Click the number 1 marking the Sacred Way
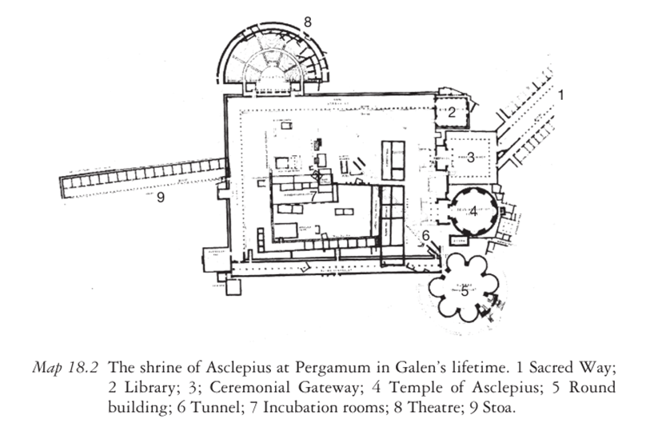point(561,95)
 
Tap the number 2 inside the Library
point(451,113)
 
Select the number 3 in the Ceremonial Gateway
point(471,158)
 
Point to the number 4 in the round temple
point(473,212)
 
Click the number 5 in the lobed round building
point(465,291)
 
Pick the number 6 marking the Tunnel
point(426,235)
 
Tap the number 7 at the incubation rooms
point(314,195)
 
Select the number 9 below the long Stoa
point(161,198)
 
